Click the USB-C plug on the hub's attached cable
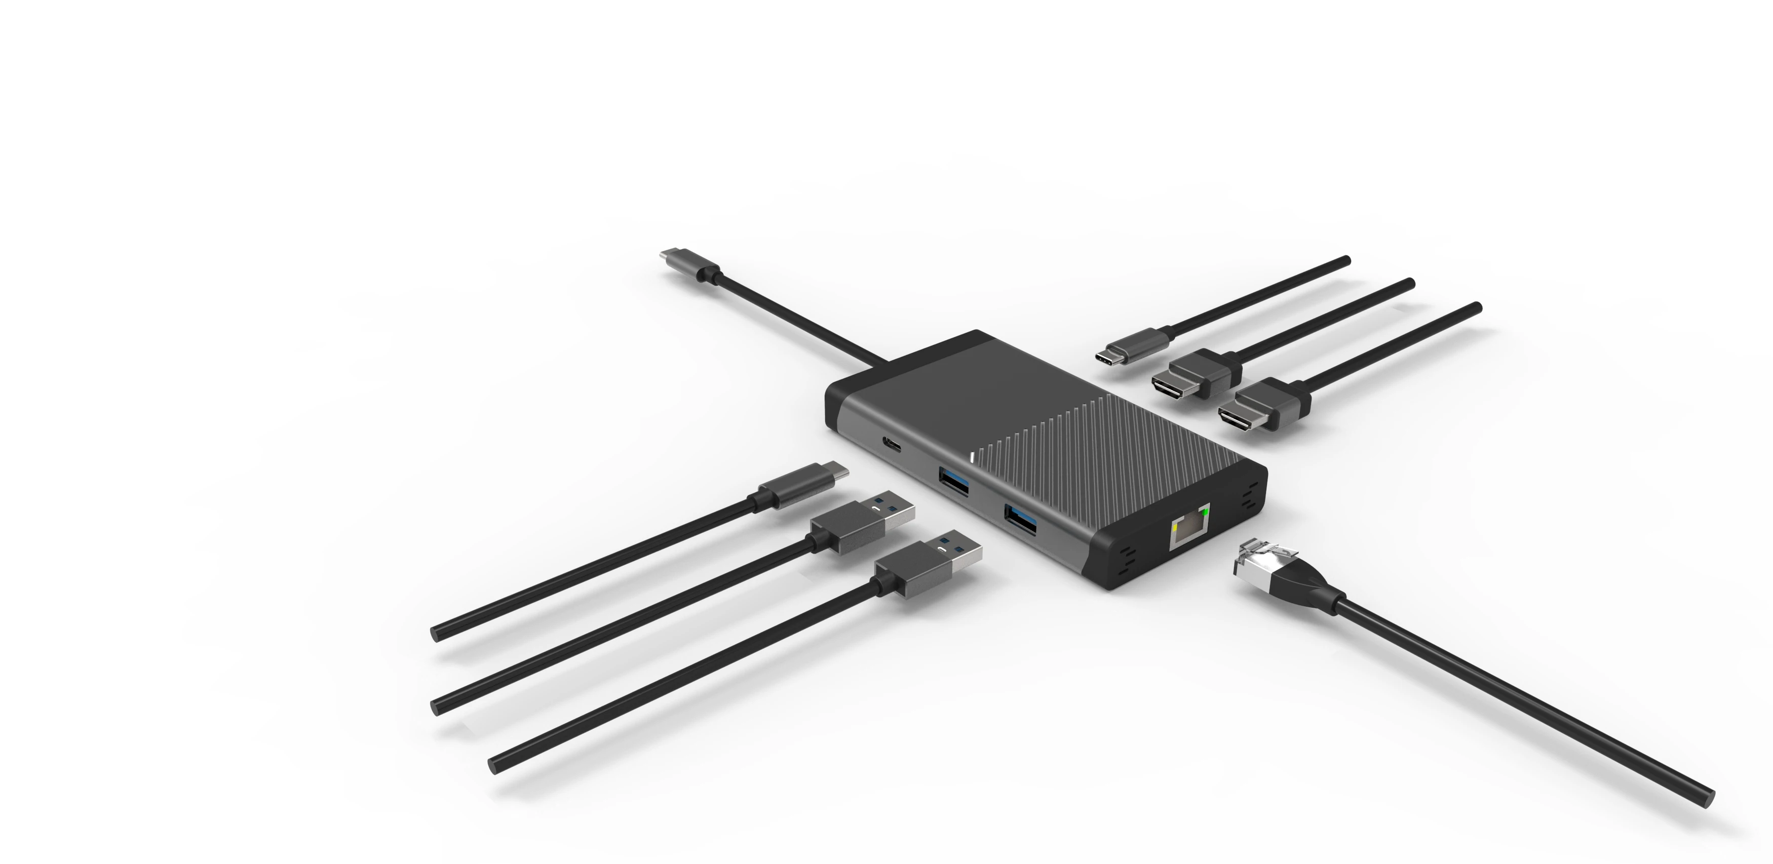pos(688,265)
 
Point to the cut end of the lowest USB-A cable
pos(494,765)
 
